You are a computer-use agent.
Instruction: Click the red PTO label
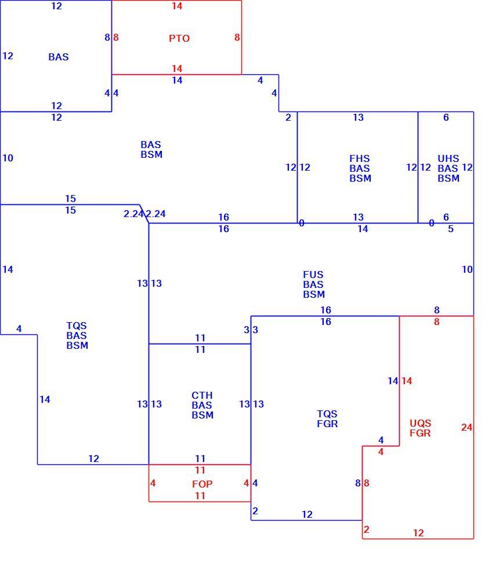click(x=179, y=38)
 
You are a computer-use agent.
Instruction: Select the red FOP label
click(x=202, y=484)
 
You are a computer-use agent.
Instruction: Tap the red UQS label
click(x=420, y=423)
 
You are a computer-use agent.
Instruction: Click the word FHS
click(x=360, y=158)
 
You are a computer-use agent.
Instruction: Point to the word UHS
click(x=448, y=158)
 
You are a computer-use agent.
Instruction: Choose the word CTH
click(x=202, y=395)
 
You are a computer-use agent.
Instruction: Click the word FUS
click(x=313, y=275)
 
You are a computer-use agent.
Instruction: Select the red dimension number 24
click(x=467, y=427)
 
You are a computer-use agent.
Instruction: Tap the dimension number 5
click(x=451, y=229)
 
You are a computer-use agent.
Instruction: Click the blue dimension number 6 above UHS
click(x=446, y=117)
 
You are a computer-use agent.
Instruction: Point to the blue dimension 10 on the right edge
click(x=467, y=269)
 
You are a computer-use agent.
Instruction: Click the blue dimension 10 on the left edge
click(x=8, y=158)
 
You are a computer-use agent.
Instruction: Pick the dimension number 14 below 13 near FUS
click(x=363, y=229)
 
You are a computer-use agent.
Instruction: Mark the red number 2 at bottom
click(x=366, y=529)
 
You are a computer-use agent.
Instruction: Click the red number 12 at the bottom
click(x=418, y=533)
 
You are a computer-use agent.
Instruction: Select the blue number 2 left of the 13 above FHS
click(x=288, y=117)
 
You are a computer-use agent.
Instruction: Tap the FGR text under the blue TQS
click(x=327, y=424)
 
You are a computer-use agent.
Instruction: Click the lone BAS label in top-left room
click(x=59, y=57)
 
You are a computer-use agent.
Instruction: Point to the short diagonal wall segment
click(x=144, y=214)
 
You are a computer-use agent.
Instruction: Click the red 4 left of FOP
click(x=153, y=483)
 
